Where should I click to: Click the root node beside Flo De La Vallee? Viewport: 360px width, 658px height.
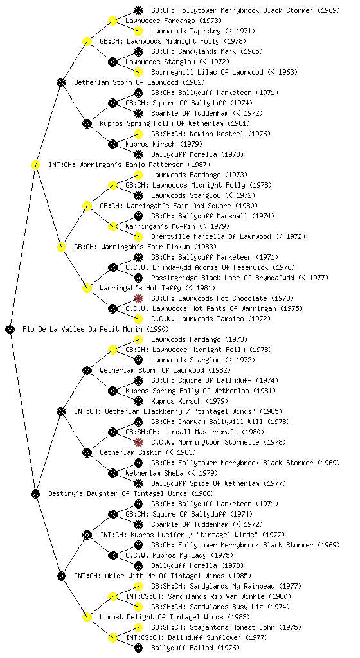tap(10, 329)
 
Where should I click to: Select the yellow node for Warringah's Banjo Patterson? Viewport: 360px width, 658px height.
tap(35, 164)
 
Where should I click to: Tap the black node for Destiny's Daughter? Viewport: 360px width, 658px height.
tap(35, 493)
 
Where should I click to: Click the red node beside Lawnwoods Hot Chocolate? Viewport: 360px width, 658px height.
tap(138, 298)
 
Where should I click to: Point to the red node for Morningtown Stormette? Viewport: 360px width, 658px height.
tap(138, 442)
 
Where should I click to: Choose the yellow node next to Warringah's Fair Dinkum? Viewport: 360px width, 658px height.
tap(61, 247)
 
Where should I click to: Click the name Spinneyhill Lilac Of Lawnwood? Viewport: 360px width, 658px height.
tap(207, 72)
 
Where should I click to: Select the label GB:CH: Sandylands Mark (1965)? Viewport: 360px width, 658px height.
tap(207, 51)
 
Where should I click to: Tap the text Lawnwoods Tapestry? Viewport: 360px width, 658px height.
tap(186, 31)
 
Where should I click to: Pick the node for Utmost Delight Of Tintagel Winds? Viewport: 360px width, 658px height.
tap(87, 617)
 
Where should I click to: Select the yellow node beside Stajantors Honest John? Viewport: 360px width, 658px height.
tap(138, 627)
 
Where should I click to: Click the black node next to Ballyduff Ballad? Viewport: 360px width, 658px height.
tap(138, 648)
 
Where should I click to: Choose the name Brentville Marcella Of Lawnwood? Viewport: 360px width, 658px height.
tap(211, 236)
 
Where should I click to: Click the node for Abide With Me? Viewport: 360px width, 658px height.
tap(61, 576)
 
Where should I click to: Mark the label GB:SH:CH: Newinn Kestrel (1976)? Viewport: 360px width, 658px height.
tap(211, 134)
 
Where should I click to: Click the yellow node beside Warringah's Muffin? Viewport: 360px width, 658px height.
tap(113, 226)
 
